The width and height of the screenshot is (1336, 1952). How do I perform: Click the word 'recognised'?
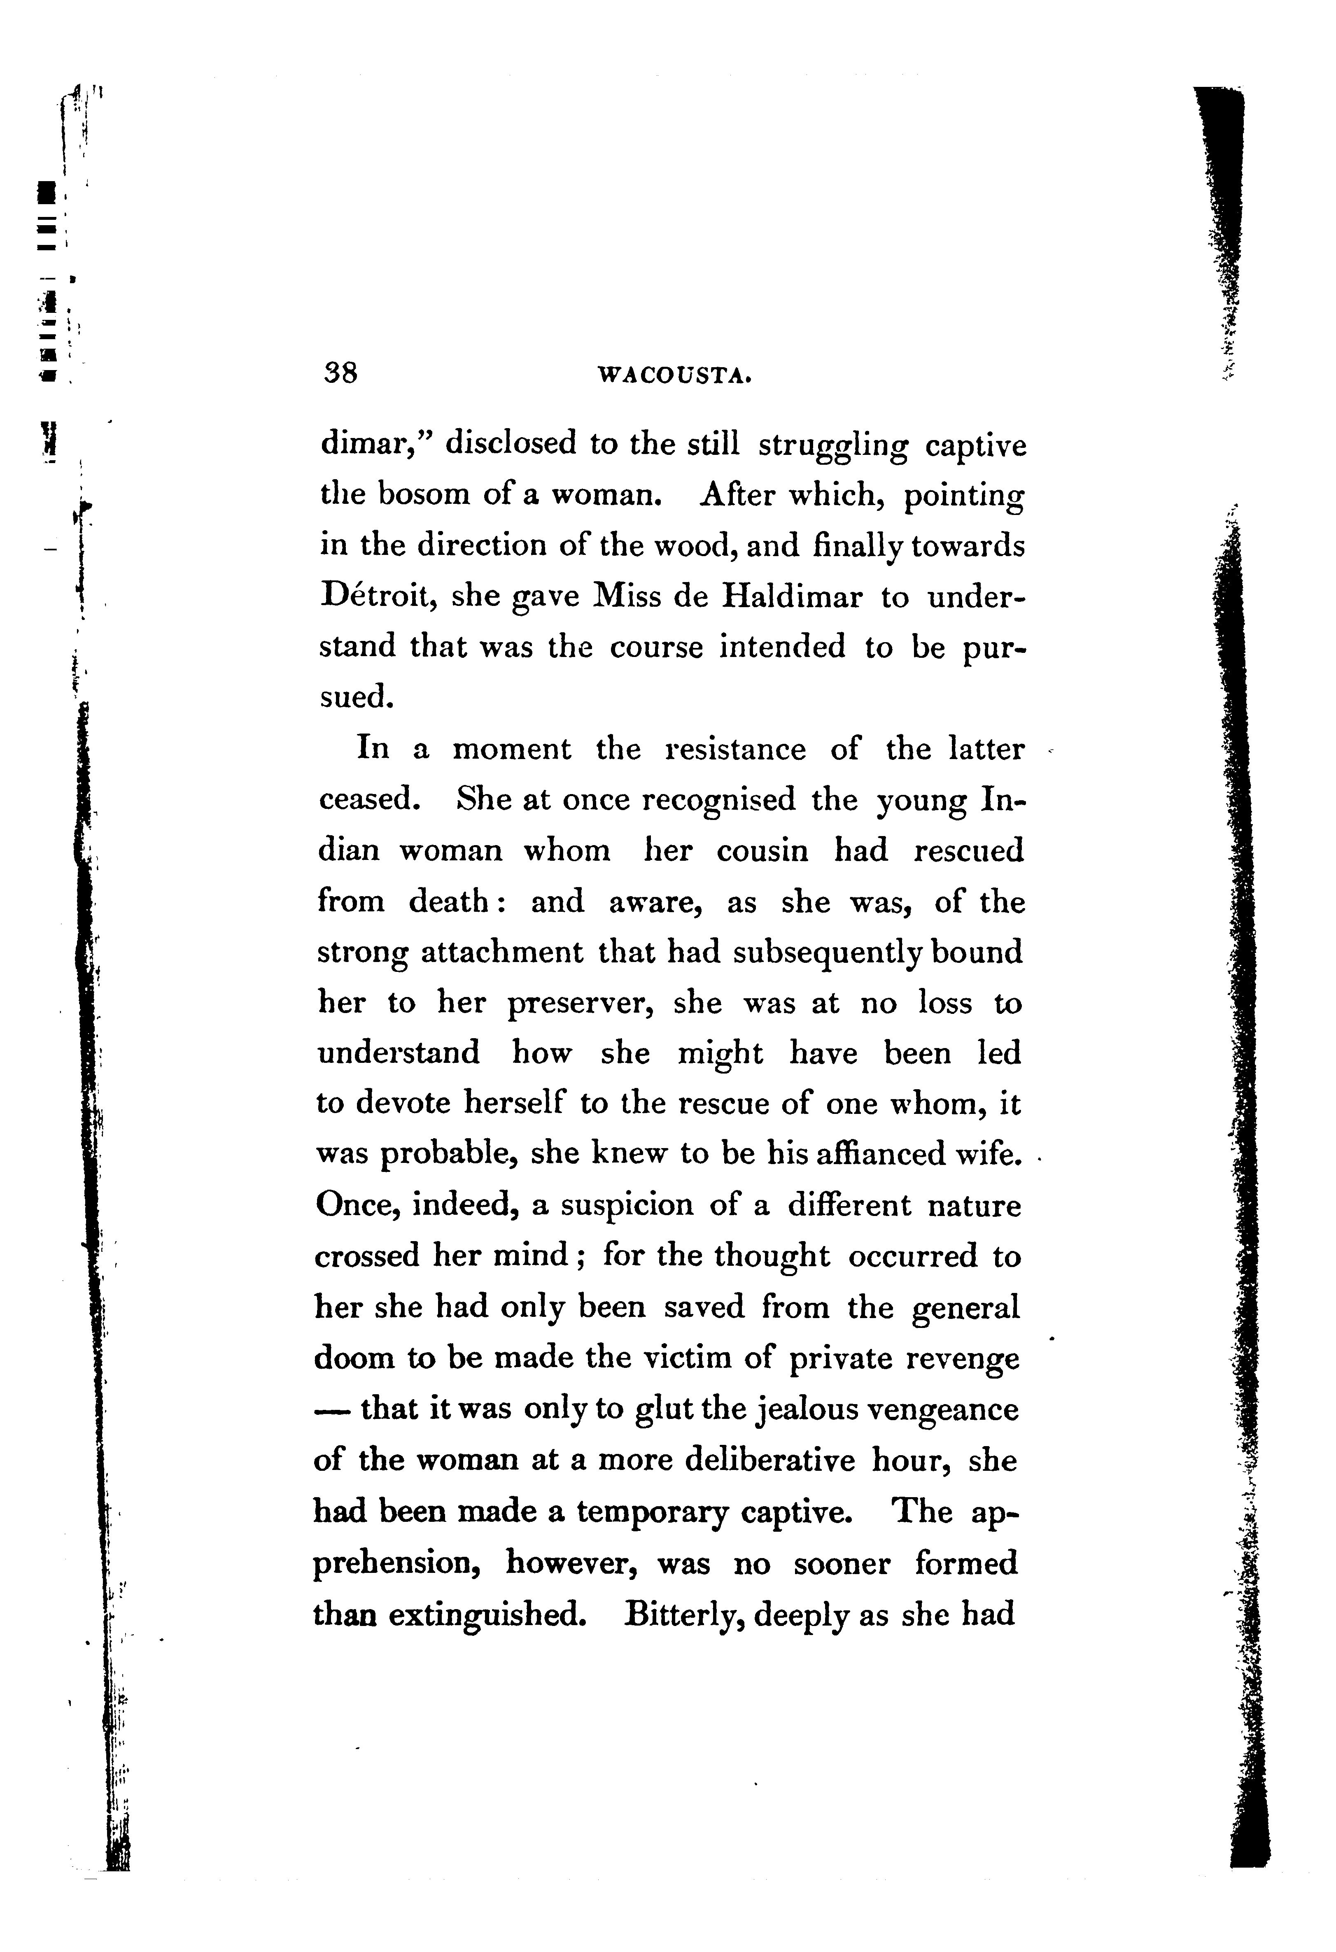(718, 800)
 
